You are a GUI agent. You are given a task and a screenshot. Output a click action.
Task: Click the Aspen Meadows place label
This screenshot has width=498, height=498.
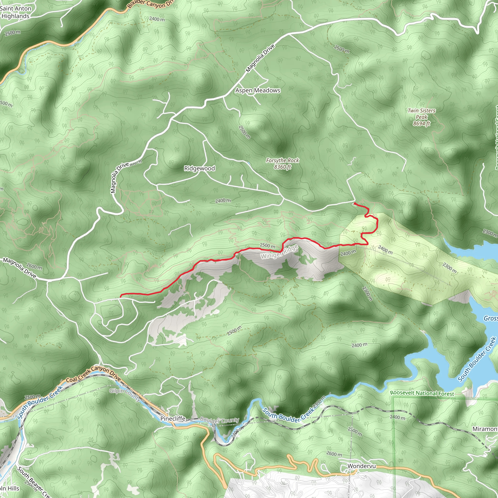click(x=258, y=90)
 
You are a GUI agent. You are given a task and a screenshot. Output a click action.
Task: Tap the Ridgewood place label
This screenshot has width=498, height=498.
click(x=199, y=168)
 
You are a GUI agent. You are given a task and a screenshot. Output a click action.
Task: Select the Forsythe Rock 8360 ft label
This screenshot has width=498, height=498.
click(x=282, y=164)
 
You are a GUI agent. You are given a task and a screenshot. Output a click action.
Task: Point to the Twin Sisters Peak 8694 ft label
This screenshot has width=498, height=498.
click(x=421, y=117)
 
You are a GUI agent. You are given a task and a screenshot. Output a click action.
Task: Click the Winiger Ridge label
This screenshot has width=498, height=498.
click(x=279, y=252)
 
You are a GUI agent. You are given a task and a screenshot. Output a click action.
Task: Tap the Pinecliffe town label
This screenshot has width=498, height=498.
click(x=173, y=419)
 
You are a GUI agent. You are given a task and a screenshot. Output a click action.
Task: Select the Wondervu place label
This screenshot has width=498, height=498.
click(x=361, y=466)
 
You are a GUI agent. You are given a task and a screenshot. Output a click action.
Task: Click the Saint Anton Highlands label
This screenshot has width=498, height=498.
click(x=16, y=12)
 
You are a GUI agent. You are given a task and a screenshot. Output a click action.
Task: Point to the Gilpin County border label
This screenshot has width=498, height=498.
click(x=125, y=395)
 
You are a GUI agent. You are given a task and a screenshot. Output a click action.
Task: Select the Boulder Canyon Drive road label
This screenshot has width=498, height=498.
click(x=151, y=4)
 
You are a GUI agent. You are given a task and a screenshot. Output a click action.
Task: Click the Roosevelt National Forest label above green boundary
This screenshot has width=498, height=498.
click(x=422, y=393)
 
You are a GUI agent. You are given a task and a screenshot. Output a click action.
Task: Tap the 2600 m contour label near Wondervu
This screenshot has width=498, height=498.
click(x=334, y=454)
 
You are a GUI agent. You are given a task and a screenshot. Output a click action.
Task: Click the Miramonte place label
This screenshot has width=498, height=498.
click(x=485, y=429)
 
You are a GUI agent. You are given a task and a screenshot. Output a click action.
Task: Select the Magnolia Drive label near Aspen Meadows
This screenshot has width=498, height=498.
click(x=260, y=58)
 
